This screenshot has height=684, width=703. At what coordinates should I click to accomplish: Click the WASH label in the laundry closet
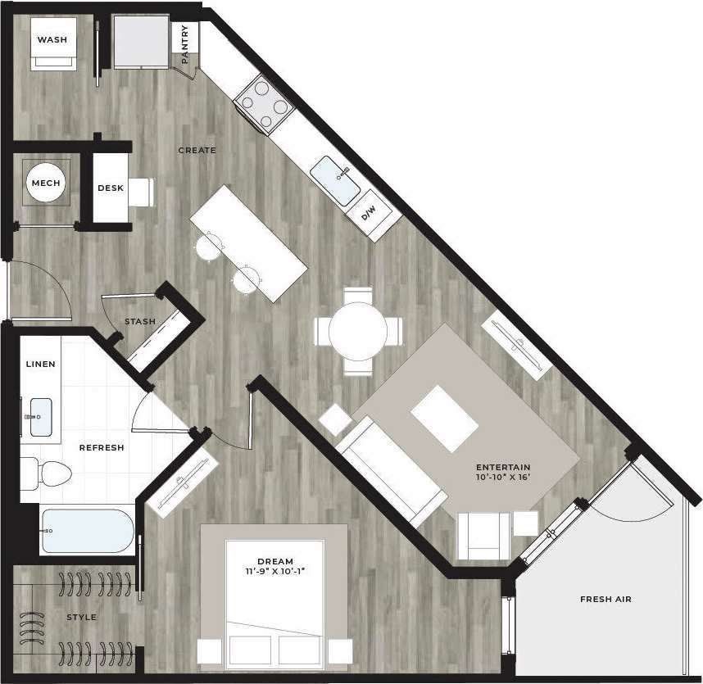tap(52, 39)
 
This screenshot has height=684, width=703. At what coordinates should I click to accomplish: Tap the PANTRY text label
tap(186, 45)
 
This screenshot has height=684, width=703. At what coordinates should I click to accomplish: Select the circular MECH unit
tap(46, 183)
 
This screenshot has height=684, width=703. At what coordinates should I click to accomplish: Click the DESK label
tap(111, 188)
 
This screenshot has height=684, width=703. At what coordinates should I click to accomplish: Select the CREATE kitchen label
tap(197, 150)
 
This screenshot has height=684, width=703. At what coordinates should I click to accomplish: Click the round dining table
tap(358, 332)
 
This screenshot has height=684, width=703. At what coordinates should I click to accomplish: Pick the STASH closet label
tap(140, 322)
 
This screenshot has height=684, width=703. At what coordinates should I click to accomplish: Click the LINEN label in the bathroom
tap(40, 364)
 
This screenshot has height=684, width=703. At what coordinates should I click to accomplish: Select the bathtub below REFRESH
tap(86, 531)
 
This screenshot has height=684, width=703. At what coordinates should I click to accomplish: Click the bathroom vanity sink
tap(39, 417)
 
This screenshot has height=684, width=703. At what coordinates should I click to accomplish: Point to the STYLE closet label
tap(81, 617)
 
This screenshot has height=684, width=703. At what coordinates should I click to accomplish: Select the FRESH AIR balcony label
tap(605, 600)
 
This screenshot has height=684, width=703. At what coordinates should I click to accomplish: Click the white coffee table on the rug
tap(444, 419)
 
